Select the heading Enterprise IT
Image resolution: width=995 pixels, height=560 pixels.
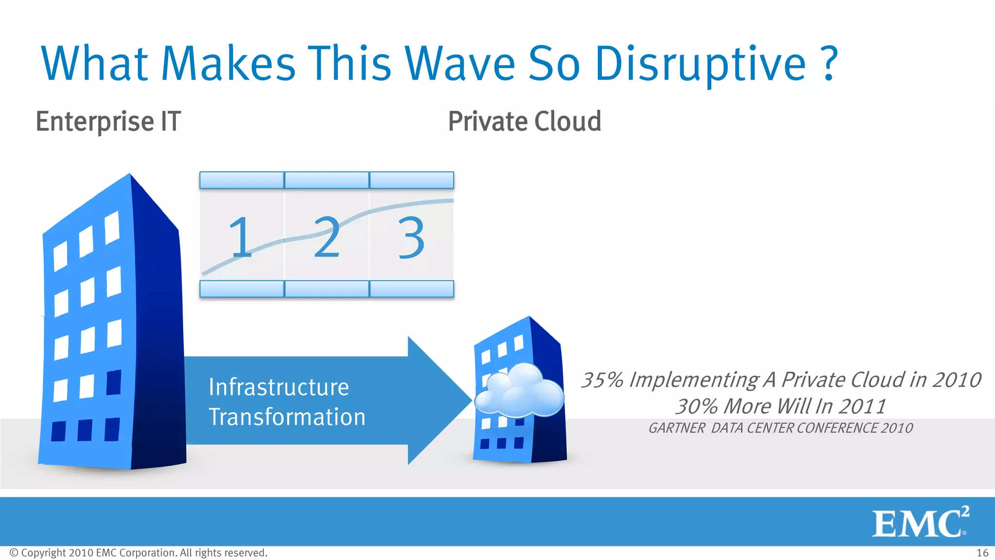[x=108, y=122]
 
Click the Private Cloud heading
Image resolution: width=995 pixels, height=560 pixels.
[x=524, y=122]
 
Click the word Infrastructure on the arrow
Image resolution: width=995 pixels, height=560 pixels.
[x=278, y=387]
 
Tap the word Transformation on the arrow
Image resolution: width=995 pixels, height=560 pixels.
[x=287, y=417]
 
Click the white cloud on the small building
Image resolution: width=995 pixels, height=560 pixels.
[x=519, y=391]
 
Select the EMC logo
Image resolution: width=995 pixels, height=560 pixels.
[x=920, y=523]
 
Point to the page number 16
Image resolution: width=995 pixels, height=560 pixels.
[x=982, y=553]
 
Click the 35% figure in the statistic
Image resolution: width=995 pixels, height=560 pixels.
[x=602, y=380]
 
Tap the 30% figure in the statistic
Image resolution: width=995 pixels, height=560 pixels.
[x=697, y=406]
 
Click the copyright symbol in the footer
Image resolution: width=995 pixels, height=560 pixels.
[x=14, y=553]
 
